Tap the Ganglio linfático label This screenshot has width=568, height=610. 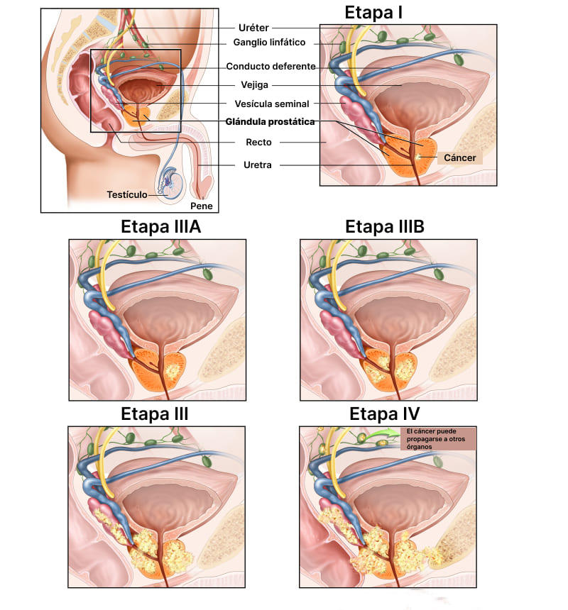[x=269, y=43]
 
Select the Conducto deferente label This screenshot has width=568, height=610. [x=271, y=67]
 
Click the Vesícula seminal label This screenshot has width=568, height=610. [x=271, y=104]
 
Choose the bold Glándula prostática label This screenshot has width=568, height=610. [x=270, y=122]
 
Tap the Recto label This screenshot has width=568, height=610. [x=258, y=143]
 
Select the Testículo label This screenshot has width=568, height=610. [x=127, y=194]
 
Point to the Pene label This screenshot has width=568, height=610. [x=201, y=206]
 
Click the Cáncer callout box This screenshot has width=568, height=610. [x=459, y=157]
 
